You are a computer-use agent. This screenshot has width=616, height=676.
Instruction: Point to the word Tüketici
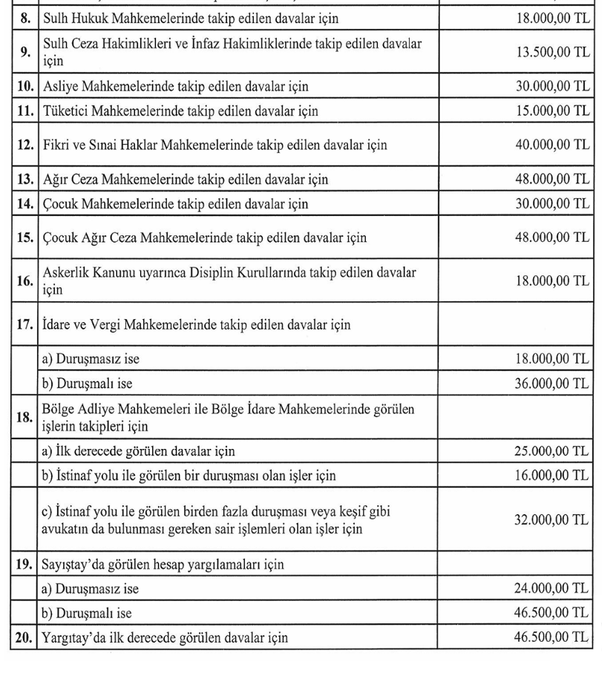[x=67, y=111]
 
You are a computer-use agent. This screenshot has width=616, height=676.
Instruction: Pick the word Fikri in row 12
[x=57, y=145]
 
